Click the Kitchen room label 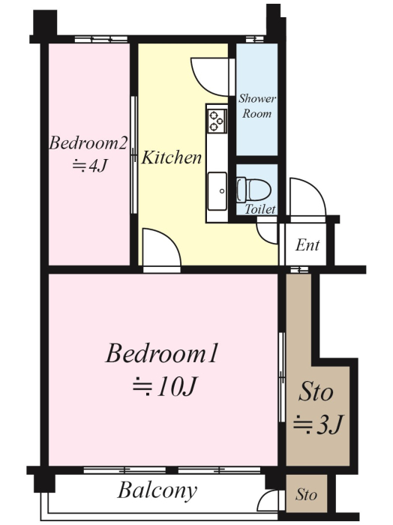point(172,157)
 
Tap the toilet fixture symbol point(253,190)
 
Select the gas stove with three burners point(217,121)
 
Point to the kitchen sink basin point(217,191)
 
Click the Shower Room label point(257,106)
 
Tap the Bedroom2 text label point(88,143)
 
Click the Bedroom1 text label point(162,353)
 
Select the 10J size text point(164,387)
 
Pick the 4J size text point(90,166)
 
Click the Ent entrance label point(307,245)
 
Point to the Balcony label point(157,490)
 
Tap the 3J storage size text point(318,424)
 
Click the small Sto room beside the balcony point(306,493)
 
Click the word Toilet point(260,209)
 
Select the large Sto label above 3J point(316,391)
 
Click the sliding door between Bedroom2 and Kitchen point(134,155)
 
